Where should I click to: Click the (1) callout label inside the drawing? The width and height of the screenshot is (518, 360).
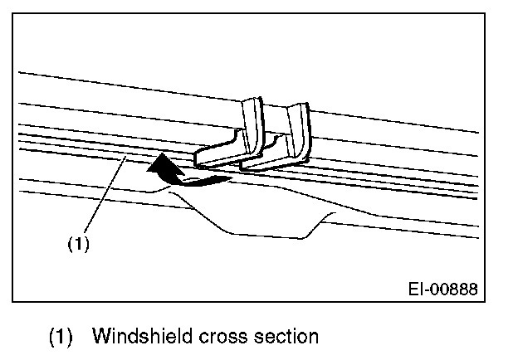tap(77, 245)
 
